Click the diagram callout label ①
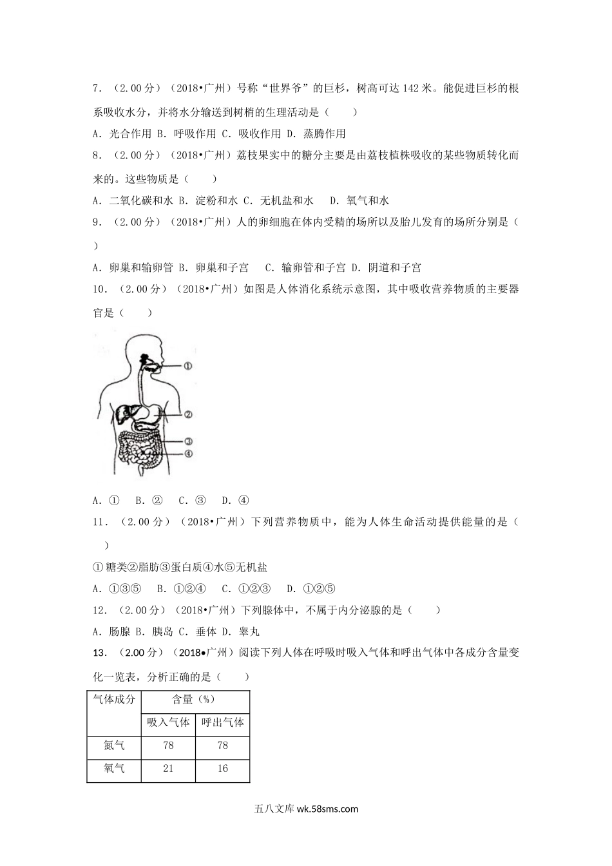(188, 366)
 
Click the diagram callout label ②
(188, 415)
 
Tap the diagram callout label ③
(188, 442)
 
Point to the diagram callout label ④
(188, 454)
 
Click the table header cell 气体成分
(114, 700)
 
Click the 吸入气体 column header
(167, 722)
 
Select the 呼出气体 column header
(222, 722)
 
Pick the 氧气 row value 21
(168, 768)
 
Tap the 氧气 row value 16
(222, 768)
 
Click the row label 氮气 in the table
(114, 746)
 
